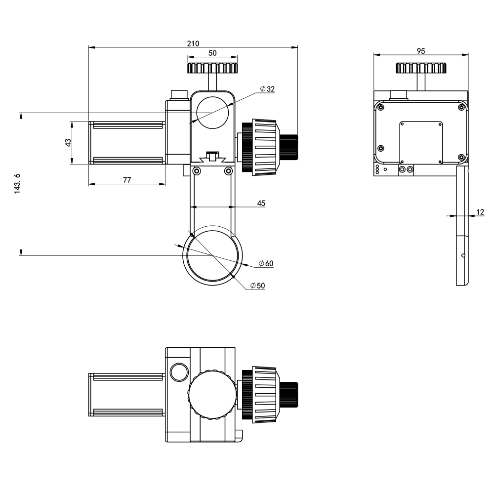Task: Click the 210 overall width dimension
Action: pos(193,43)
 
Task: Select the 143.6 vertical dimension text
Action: pos(17,184)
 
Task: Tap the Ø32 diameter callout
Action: pos(267,89)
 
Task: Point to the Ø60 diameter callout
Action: pos(266,263)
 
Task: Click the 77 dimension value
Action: pos(126,180)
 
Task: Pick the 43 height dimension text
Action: pos(68,142)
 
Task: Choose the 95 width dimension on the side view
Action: pos(421,51)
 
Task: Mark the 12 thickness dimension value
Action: pos(480,212)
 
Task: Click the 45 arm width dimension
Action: pos(261,203)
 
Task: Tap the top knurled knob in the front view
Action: pos(212,68)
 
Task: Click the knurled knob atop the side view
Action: pos(421,68)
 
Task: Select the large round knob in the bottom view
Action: pos(212,395)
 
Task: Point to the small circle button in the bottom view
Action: pos(179,372)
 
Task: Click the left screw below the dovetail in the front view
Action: pos(197,171)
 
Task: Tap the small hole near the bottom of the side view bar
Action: pos(463,255)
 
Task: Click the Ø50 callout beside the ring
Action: pos(258,286)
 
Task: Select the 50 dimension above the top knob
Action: pos(212,53)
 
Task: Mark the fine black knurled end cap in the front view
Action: pos(289,147)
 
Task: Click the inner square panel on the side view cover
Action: pos(421,143)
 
